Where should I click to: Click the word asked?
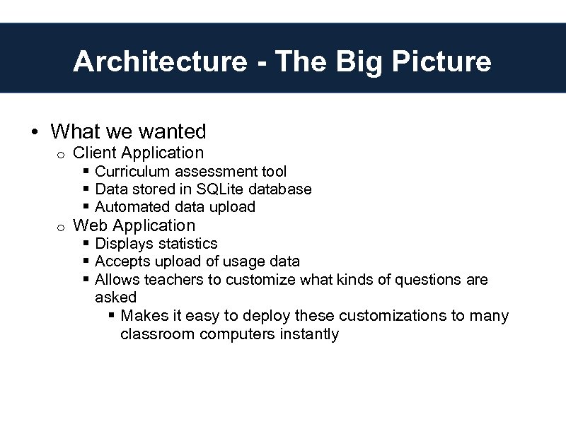pos(115,298)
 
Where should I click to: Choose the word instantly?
pos(309,334)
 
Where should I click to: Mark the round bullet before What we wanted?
pos(34,132)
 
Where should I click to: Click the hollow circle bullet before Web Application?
pos(61,227)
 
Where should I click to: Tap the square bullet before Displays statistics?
pos(86,244)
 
